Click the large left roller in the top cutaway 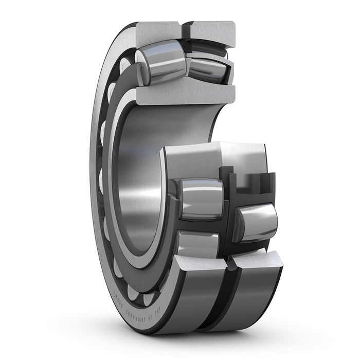pos(164,62)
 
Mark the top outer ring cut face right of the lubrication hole pos(211,31)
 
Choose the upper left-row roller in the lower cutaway pos(201,198)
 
